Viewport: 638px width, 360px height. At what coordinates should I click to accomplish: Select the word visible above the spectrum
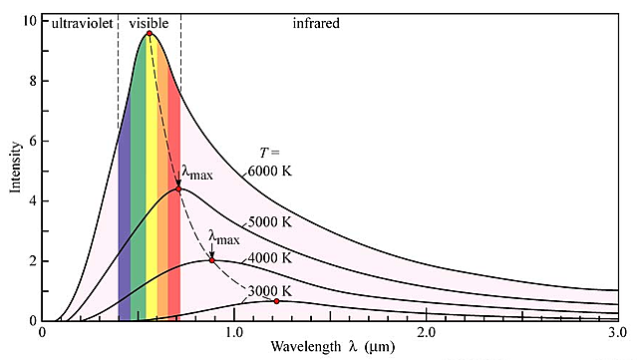[x=149, y=22]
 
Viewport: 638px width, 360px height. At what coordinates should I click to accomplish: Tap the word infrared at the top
[x=317, y=22]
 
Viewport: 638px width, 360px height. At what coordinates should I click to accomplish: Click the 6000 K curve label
[x=271, y=171]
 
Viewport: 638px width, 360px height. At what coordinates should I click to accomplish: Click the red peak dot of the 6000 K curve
[x=150, y=34]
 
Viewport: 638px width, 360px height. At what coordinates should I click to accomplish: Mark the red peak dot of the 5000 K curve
[x=178, y=188]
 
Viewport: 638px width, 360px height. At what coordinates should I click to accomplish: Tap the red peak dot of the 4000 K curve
[x=212, y=260]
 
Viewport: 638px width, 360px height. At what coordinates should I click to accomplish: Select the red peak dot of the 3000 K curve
[x=276, y=301]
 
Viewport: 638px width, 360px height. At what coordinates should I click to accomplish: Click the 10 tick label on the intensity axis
[x=31, y=21]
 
